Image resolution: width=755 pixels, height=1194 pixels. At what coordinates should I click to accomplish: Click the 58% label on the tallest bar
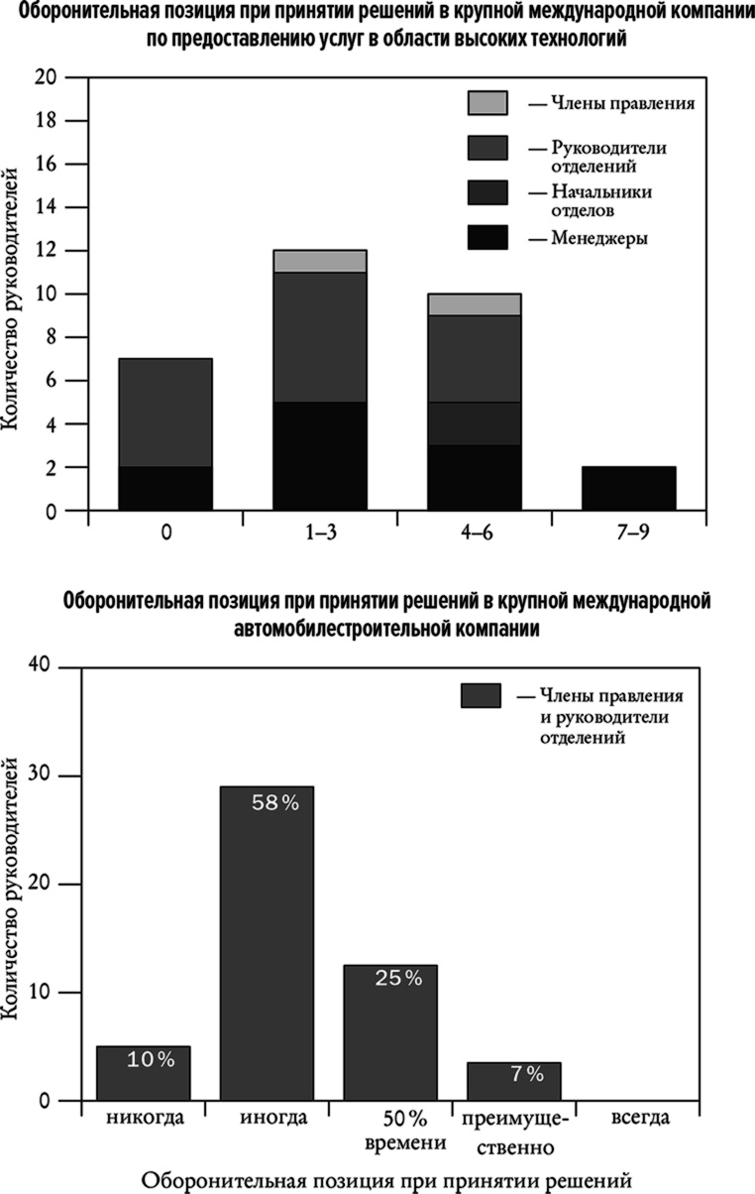pyautogui.click(x=274, y=804)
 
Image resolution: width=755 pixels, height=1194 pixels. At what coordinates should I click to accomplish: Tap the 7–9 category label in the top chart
pyautogui.click(x=629, y=534)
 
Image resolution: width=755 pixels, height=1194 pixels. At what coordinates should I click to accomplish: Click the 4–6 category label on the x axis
pyautogui.click(x=474, y=534)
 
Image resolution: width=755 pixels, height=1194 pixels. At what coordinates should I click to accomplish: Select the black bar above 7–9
pyautogui.click(x=629, y=489)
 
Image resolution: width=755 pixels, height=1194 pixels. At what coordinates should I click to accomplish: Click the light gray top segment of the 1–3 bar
pyautogui.click(x=319, y=261)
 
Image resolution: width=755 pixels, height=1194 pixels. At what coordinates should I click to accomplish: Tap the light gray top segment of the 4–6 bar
pyautogui.click(x=474, y=304)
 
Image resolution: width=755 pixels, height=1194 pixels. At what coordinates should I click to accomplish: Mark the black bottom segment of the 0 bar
pyautogui.click(x=164, y=489)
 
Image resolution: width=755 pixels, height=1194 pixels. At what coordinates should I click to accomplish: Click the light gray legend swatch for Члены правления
pyautogui.click(x=487, y=102)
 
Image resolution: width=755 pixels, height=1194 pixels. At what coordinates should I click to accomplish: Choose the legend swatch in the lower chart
pyautogui.click(x=481, y=695)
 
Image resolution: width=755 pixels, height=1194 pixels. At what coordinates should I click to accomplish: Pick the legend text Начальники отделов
pyautogui.click(x=597, y=201)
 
